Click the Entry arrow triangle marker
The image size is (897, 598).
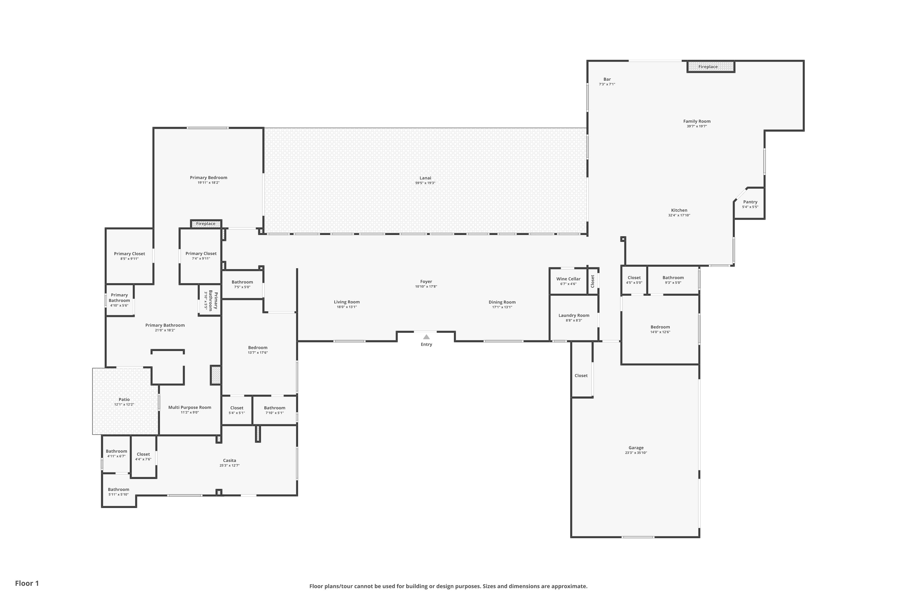(x=426, y=337)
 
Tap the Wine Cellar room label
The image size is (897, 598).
(x=568, y=279)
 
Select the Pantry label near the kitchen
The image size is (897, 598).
(x=750, y=202)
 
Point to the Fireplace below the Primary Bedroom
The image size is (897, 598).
(x=206, y=224)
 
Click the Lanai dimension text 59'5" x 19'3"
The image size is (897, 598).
(x=425, y=183)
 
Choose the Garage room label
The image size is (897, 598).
(x=636, y=448)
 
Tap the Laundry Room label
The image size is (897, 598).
(x=573, y=315)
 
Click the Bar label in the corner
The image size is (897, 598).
(x=607, y=79)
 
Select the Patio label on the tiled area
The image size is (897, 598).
(x=124, y=399)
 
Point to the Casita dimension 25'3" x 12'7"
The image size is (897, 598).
(x=230, y=465)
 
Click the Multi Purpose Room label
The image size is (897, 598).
(x=190, y=407)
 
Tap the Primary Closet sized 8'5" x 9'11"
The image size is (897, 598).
(x=129, y=254)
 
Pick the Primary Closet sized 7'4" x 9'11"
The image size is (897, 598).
(x=201, y=254)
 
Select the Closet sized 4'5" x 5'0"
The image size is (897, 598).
(x=634, y=278)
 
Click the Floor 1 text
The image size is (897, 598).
(x=27, y=583)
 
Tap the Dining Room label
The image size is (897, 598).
(x=502, y=302)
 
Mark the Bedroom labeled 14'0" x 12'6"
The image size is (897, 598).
(x=660, y=327)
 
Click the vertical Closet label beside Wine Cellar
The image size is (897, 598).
(x=593, y=281)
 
